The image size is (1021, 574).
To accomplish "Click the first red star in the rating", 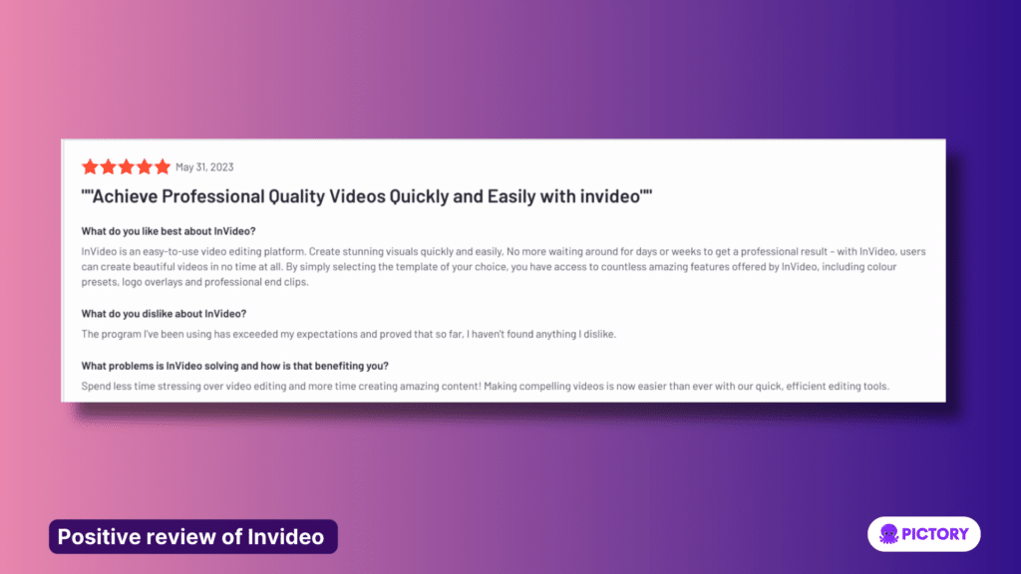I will tap(90, 167).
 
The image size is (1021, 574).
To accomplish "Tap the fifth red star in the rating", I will tap(163, 167).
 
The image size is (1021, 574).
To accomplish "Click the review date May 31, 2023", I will tap(204, 167).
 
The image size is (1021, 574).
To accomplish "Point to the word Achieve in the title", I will tap(127, 196).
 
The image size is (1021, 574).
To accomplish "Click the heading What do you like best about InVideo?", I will tap(169, 230).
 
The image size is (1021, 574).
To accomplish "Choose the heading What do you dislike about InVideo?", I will tap(167, 314).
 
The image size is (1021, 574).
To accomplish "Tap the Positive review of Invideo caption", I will tap(191, 536).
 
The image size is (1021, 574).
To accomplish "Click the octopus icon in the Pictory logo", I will tap(887, 534).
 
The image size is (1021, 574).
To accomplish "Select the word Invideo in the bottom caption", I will tap(287, 536).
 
